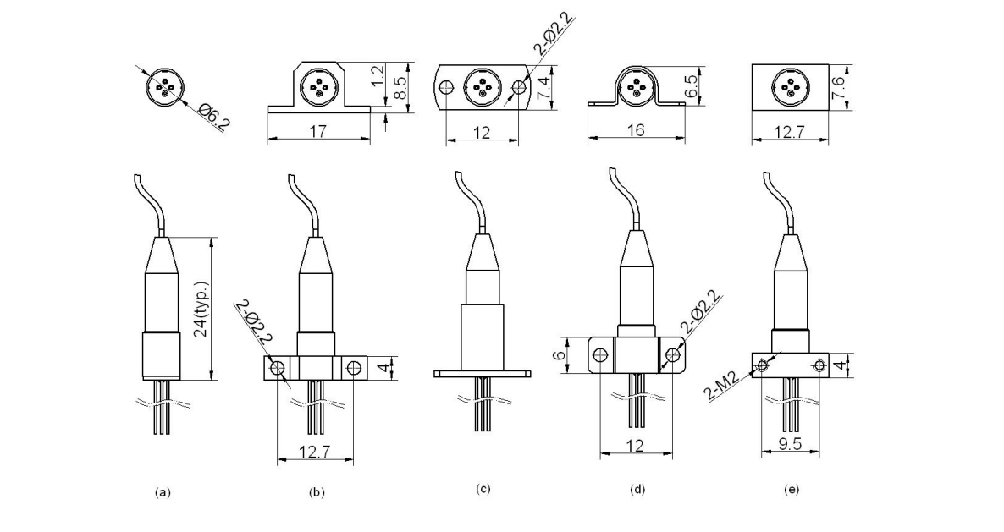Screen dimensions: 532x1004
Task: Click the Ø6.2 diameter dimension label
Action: point(214,117)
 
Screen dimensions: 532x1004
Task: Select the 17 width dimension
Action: point(318,132)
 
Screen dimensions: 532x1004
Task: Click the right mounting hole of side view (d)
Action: point(673,355)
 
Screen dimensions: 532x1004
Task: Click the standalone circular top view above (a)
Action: point(163,86)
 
